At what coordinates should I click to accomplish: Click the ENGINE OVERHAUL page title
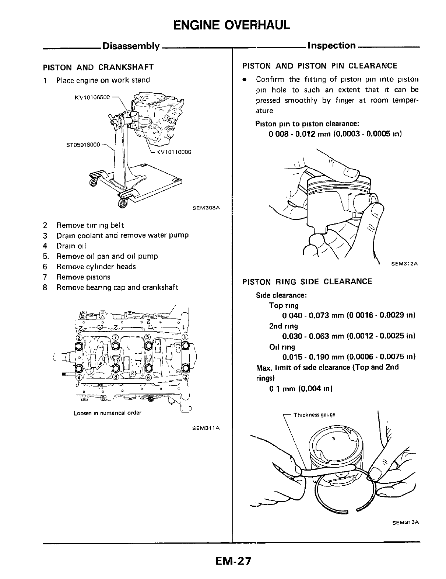(232, 24)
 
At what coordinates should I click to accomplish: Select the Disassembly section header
(131, 46)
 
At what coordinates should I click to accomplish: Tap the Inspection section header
(331, 46)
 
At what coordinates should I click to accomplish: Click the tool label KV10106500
(92, 97)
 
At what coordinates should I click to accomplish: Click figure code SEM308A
(206, 208)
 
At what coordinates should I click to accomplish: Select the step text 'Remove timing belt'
(90, 225)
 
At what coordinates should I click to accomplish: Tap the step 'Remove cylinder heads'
(96, 267)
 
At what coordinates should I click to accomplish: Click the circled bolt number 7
(115, 337)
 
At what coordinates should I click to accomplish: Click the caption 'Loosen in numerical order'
(108, 413)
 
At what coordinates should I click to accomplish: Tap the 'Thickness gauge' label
(314, 415)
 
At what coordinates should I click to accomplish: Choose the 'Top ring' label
(284, 305)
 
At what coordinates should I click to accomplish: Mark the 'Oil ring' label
(282, 347)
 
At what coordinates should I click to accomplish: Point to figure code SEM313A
(407, 523)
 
